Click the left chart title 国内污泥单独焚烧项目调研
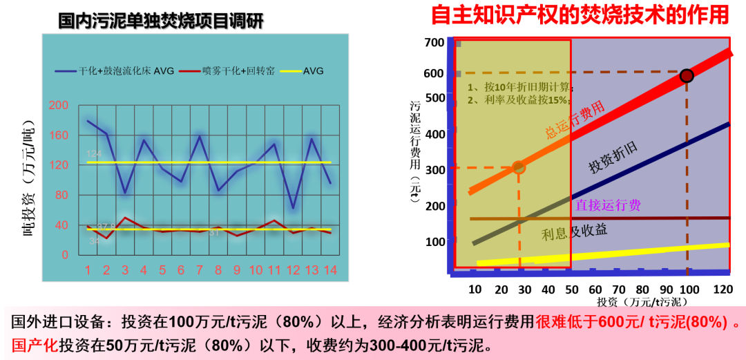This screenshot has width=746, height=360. point(161,20)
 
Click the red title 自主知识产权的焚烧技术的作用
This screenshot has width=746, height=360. point(580,15)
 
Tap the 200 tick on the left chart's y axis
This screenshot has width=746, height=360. point(59,105)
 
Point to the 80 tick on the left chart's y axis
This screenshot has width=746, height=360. point(61,195)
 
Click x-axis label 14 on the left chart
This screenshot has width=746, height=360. point(330,269)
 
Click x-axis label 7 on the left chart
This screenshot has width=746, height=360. point(200,269)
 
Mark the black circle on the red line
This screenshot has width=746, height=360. point(687,75)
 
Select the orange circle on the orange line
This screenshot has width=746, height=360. point(519,167)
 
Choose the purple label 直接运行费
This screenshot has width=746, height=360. point(608,205)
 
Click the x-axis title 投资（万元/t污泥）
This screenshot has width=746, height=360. point(642,302)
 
